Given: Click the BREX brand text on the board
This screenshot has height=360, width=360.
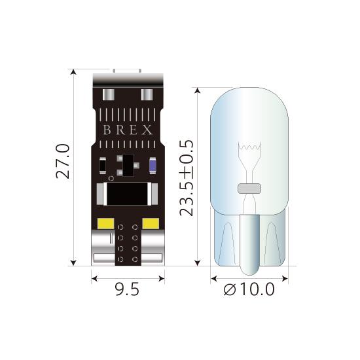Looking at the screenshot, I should [x=128, y=130].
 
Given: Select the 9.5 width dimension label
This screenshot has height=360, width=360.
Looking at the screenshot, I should [x=127, y=289].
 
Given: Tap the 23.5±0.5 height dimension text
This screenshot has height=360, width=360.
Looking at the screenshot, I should [x=187, y=176].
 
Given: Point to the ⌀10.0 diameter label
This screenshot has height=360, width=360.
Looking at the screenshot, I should [x=249, y=289].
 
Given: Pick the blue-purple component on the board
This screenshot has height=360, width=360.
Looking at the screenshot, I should [x=152, y=166].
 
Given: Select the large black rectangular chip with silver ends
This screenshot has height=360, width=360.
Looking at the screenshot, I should [x=128, y=194].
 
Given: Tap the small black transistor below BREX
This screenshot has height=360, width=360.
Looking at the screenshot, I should [x=128, y=163].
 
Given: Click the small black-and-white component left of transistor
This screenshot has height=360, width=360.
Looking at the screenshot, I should [x=103, y=166].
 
